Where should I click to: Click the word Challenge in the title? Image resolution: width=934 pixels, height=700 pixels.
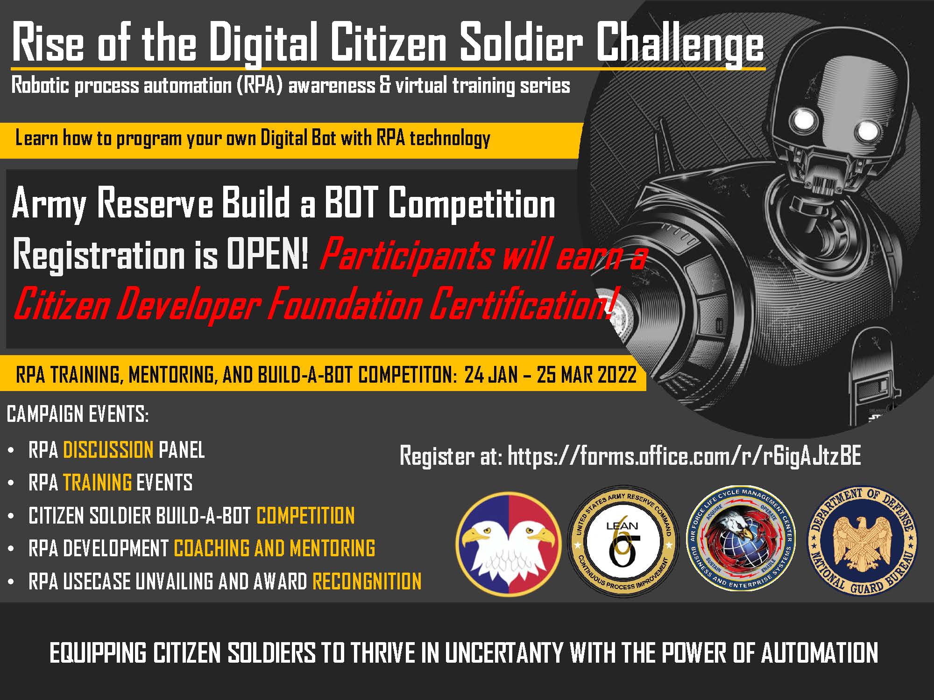pos(680,43)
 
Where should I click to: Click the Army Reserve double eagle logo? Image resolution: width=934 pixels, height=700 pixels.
pos(509,544)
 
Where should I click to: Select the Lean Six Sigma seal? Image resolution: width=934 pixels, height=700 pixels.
pos(623,541)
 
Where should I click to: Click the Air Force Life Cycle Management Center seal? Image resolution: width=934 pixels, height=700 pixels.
pos(741,539)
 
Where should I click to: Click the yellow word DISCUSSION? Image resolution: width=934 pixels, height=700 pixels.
pos(108,450)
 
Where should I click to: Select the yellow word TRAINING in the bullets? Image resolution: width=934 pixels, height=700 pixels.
pos(97,483)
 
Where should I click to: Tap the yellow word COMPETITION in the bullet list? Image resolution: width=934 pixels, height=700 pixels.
pos(305,516)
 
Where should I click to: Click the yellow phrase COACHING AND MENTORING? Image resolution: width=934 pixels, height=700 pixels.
pos(275,548)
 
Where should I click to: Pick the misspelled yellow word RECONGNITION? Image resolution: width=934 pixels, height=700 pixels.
pos(367,581)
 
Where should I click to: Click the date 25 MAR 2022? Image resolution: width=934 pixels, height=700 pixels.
pos(587,374)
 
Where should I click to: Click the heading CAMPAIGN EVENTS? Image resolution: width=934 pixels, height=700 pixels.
pos(78,414)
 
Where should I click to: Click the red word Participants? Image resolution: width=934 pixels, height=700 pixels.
pos(406,255)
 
